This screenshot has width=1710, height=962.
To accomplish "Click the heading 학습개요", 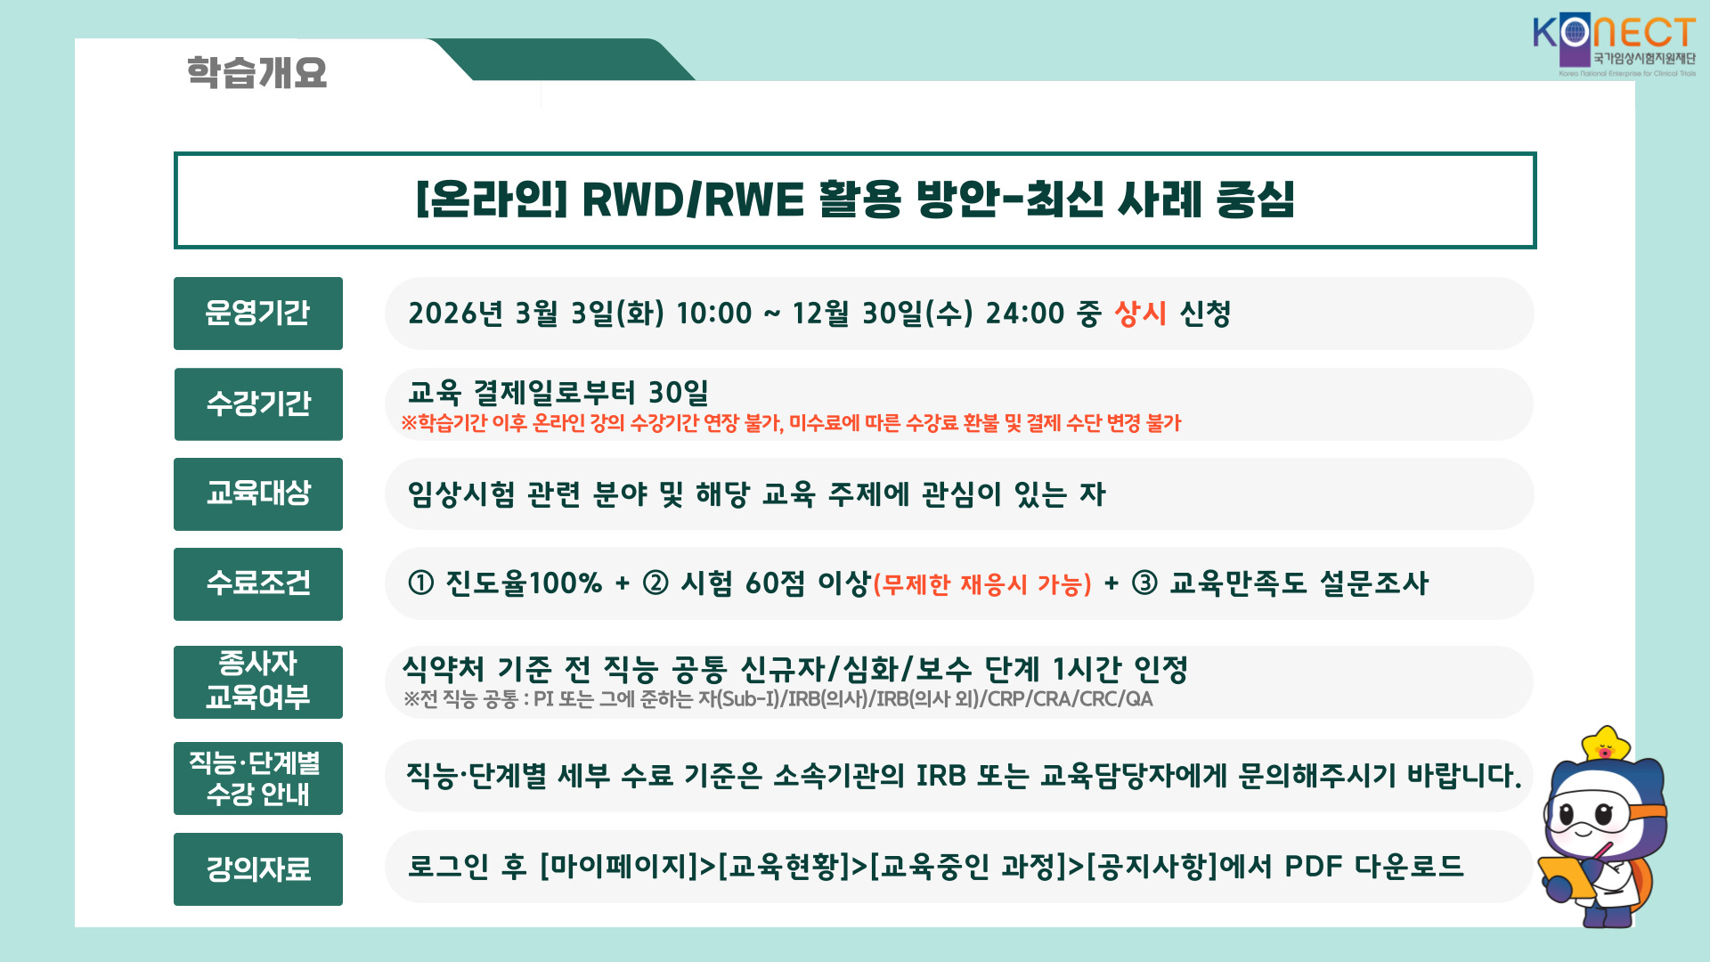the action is (256, 72).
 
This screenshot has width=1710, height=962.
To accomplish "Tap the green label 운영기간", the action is (258, 314).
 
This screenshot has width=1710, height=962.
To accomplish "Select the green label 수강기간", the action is (258, 404).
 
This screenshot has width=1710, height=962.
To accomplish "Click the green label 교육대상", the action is (258, 494).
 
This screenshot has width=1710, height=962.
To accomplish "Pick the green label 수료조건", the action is (258, 584).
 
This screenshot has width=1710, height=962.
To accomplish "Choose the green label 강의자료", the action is (258, 869).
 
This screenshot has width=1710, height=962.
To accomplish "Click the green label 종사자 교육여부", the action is (258, 682).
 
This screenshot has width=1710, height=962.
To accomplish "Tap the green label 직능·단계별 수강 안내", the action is (258, 779).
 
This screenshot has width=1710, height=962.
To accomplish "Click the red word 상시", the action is (1141, 314).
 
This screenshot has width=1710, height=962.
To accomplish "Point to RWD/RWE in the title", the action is (693, 200).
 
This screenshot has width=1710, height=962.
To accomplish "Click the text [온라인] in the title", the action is (492, 200).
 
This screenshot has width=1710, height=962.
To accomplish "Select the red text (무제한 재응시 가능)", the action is (982, 585).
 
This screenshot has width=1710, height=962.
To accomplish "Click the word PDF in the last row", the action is (1314, 866).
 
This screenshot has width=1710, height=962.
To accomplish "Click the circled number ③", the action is (1144, 583).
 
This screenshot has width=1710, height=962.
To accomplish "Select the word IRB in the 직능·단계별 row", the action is (940, 776).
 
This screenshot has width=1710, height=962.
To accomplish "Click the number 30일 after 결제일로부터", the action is (679, 393).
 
